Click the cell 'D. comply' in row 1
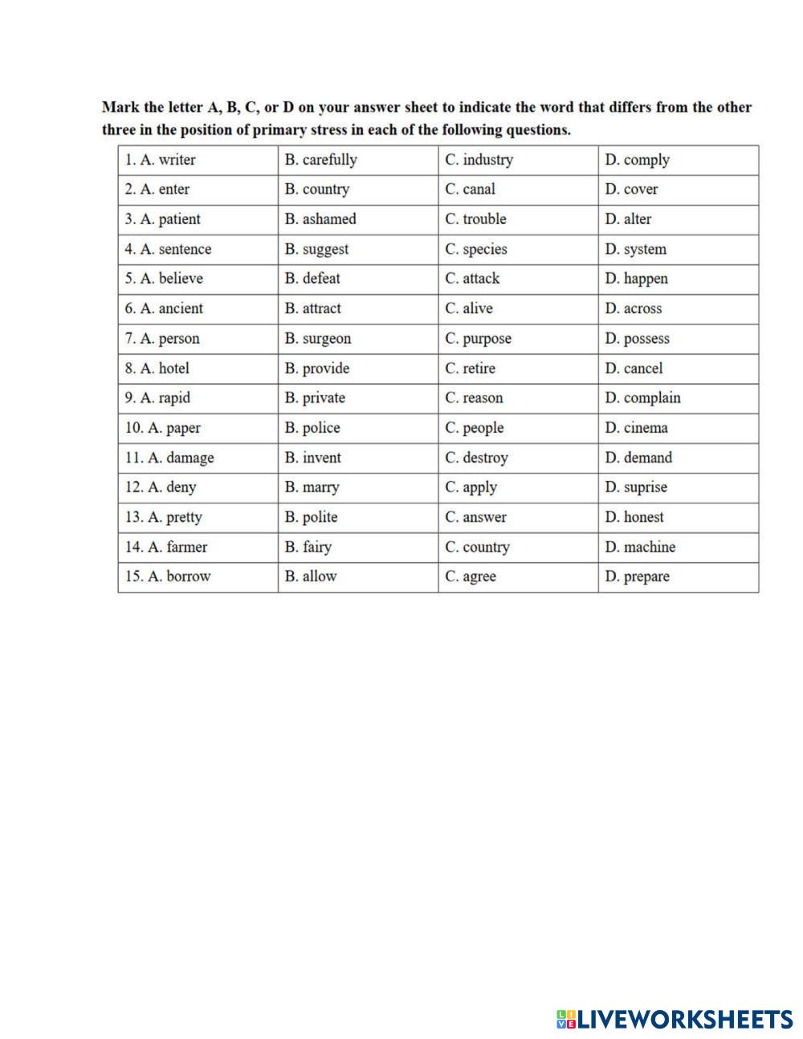[637, 160]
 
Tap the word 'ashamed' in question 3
[329, 219]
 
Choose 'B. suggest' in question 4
[316, 249]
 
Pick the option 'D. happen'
[636, 279]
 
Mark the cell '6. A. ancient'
[164, 308]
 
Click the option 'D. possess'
[637, 339]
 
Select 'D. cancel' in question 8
[634, 369]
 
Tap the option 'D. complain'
[642, 398]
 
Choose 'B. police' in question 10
[312, 428]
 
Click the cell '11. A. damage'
[169, 458]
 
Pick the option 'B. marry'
[312, 487]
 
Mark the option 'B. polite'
[311, 517]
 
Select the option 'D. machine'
[640, 547]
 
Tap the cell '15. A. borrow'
[168, 577]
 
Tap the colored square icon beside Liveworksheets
[566, 1020]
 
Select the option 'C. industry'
[479, 160]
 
